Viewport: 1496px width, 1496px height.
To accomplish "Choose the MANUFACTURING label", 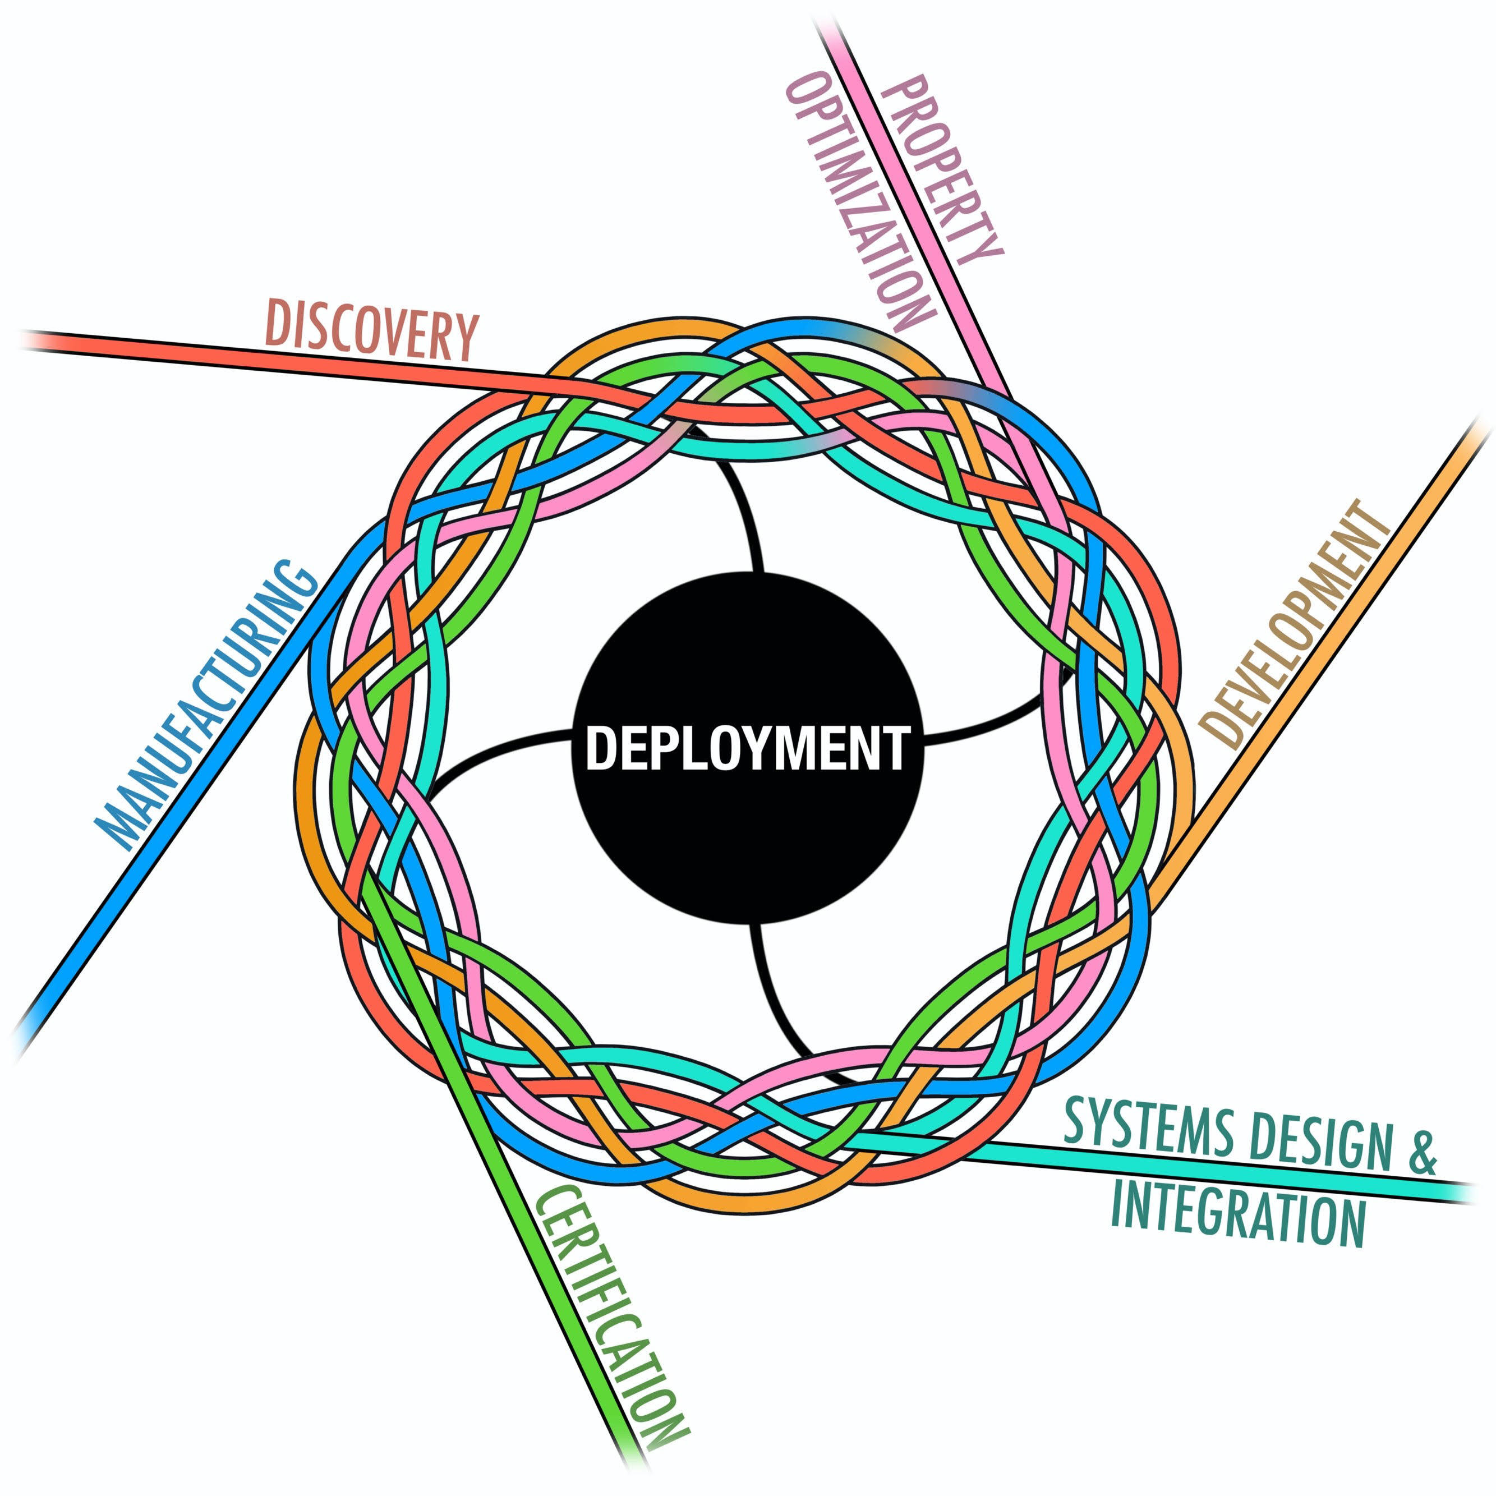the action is click(206, 705).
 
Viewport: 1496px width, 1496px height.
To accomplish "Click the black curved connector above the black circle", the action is click(735, 503).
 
